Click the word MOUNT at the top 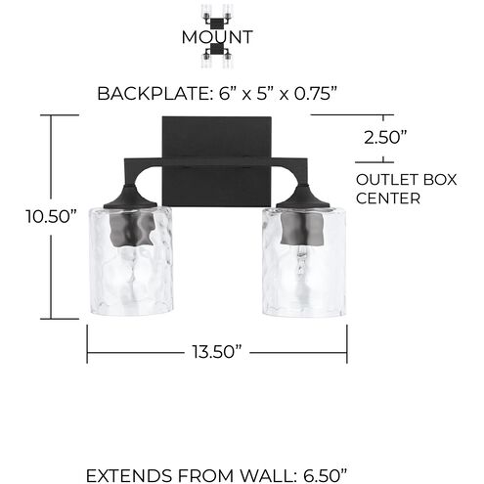point(216,38)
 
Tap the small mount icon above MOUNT point(216,14)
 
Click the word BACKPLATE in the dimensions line point(152,94)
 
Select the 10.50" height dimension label point(52,217)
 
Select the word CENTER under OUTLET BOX point(388,198)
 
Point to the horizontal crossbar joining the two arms point(217,159)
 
